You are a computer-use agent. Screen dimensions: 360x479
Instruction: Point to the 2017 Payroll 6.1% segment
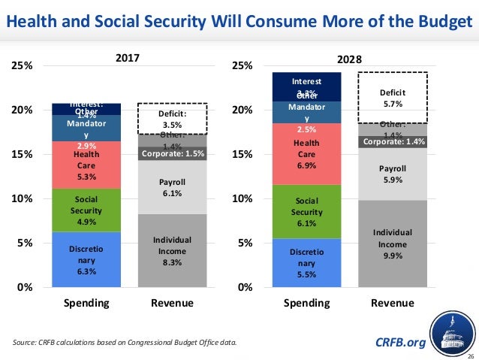tap(172, 187)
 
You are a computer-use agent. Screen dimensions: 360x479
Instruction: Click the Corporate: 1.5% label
tap(172, 155)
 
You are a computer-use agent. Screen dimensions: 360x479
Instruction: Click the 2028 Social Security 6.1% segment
tap(306, 212)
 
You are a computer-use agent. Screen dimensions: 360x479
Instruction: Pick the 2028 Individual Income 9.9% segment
tap(393, 244)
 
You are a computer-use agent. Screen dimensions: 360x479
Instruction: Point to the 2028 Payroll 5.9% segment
tap(393, 174)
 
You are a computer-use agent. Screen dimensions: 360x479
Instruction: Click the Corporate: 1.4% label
tap(393, 141)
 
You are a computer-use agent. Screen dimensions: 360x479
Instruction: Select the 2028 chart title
tap(349, 59)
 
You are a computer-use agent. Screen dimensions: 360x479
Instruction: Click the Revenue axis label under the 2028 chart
tap(393, 304)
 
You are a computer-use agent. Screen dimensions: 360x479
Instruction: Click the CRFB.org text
tap(400, 343)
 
